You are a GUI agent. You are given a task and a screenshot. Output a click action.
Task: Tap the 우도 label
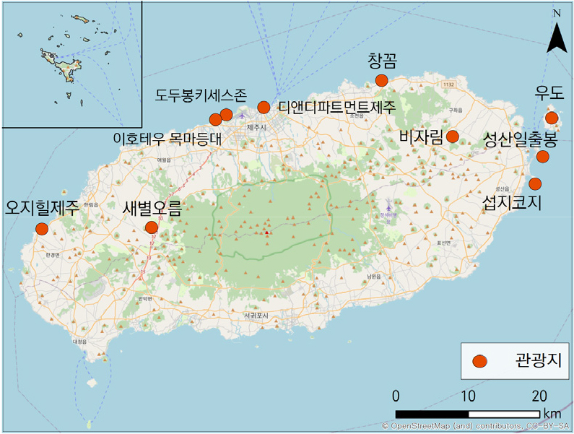[x=548, y=92]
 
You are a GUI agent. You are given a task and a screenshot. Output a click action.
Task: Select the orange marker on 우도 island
[x=552, y=118]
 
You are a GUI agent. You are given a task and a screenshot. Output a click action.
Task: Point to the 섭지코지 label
[x=512, y=203]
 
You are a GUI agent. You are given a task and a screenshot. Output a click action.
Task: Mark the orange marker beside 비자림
[x=453, y=136]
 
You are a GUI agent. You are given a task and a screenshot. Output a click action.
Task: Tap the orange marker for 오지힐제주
[x=41, y=229]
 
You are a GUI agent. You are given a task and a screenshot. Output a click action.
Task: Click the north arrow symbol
[x=556, y=36]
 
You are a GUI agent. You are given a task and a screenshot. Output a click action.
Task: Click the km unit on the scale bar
[x=552, y=414]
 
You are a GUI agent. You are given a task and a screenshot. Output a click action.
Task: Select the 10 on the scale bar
[x=468, y=396]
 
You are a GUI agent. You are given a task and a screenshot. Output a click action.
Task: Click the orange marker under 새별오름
[x=152, y=227]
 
